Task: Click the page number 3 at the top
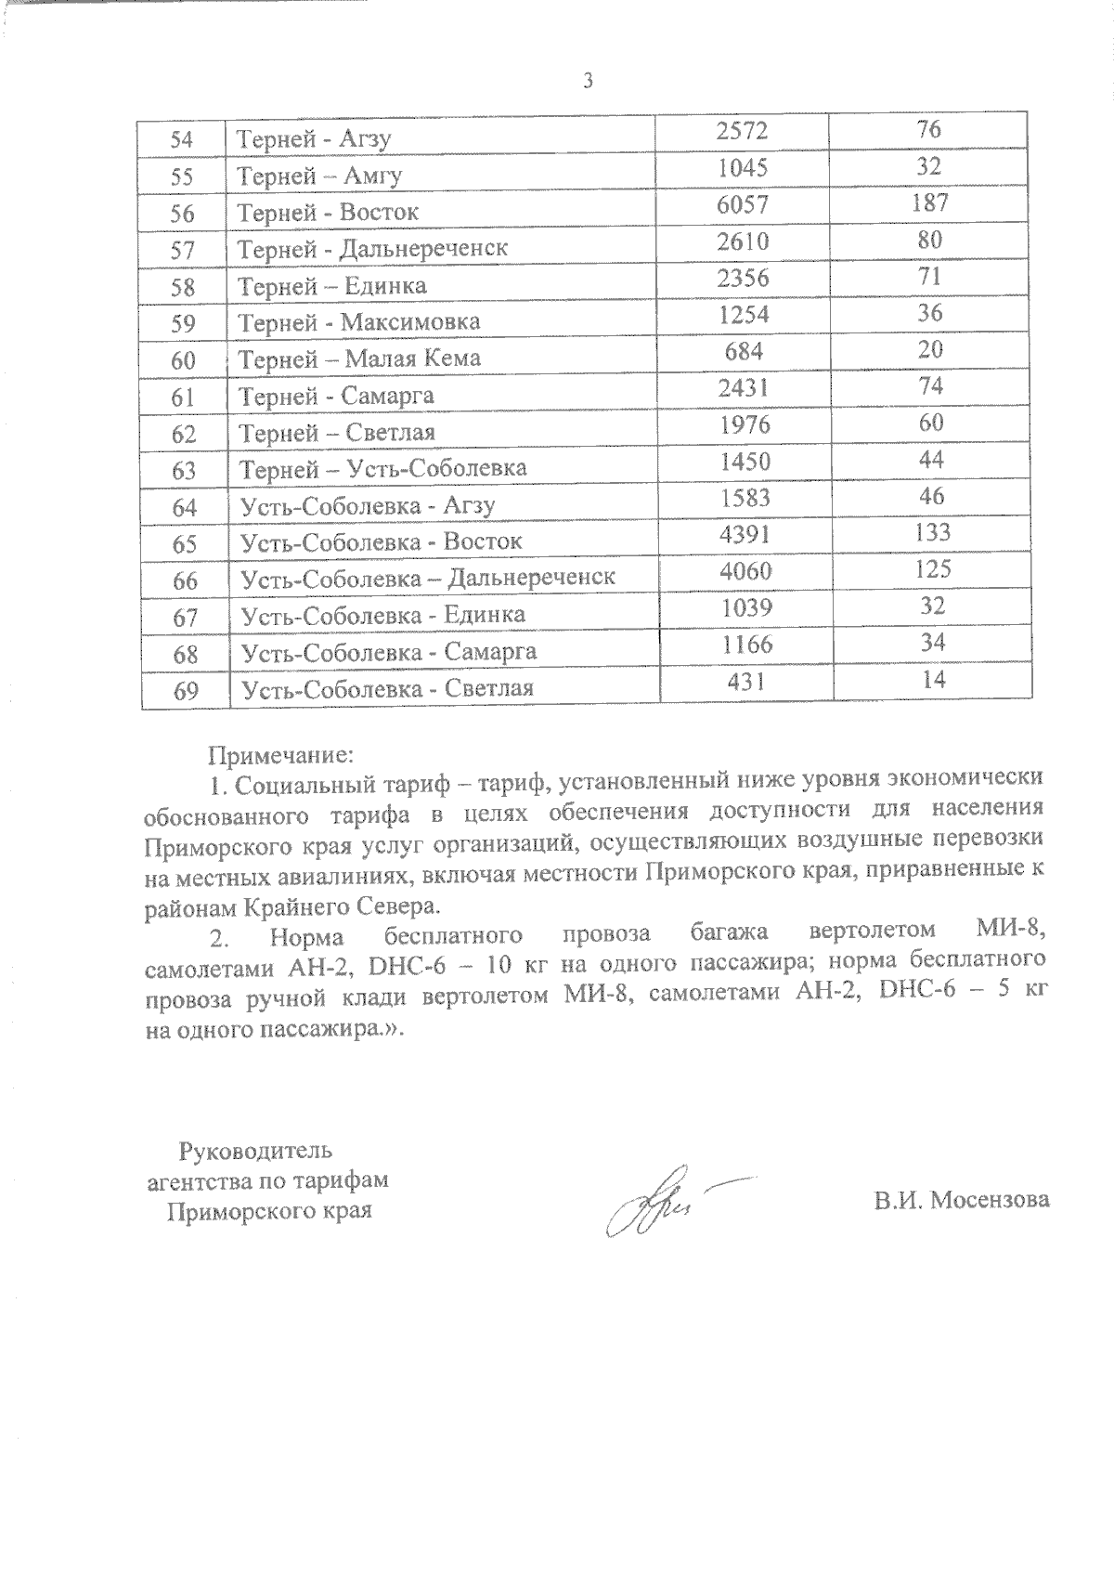[587, 81]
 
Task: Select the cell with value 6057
[744, 204]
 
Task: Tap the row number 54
[183, 140]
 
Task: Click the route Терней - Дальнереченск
[373, 249]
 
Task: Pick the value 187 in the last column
[929, 203]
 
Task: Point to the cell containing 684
[744, 351]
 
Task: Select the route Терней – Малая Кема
[360, 358]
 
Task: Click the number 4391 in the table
[745, 534]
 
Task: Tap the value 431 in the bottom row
[745, 682]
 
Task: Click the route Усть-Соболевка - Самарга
[388, 652]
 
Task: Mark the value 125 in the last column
[931, 569]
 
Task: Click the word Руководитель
[254, 1152]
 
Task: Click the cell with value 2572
[743, 131]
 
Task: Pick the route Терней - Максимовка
[359, 322]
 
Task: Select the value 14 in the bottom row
[935, 680]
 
